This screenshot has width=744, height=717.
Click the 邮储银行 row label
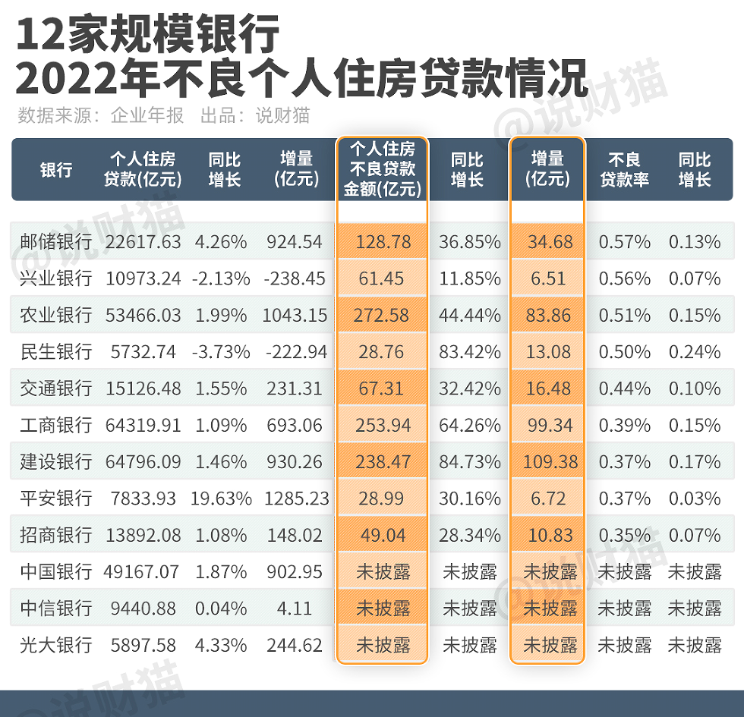(x=56, y=242)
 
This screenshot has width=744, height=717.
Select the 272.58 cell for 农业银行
(x=383, y=315)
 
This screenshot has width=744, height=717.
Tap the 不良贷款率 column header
(x=624, y=169)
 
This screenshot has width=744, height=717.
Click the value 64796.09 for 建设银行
(x=143, y=462)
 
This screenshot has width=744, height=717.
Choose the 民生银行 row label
(x=56, y=352)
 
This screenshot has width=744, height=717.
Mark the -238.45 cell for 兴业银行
(x=295, y=278)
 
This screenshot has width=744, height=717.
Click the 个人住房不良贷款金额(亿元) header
(x=383, y=168)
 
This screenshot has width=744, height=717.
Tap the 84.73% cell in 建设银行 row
(x=469, y=462)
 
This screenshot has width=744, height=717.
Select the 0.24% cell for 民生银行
(x=694, y=352)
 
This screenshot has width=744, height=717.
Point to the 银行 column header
(x=56, y=169)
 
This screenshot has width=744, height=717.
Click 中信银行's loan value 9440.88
(x=143, y=609)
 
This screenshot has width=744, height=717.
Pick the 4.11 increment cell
(x=295, y=609)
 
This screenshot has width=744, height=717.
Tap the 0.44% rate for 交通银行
(x=624, y=388)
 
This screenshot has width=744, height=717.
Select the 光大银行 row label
(x=56, y=646)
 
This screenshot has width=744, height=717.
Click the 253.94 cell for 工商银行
(x=383, y=425)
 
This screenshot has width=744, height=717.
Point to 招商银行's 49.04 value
(x=383, y=535)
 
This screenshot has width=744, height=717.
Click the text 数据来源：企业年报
(x=100, y=116)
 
